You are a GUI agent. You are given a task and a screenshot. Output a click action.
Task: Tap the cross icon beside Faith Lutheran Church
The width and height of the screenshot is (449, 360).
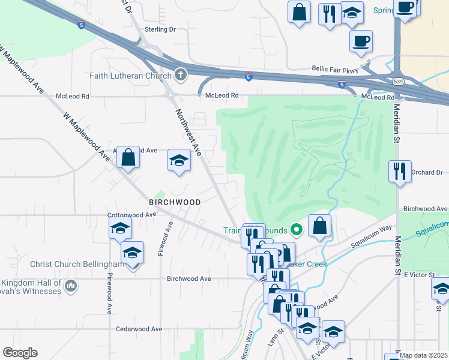point(179,75)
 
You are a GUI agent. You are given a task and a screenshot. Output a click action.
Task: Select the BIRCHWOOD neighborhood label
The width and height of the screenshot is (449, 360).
point(175,202)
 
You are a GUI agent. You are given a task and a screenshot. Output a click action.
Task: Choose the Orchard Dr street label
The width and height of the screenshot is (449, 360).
point(427,173)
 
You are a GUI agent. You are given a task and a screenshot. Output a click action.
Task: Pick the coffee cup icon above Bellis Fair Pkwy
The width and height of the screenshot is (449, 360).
point(361,41)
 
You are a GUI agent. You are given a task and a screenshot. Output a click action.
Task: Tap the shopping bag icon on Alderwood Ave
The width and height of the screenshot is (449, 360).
point(128,157)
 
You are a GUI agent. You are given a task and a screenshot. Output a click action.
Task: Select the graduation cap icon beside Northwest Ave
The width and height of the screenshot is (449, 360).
point(178,160)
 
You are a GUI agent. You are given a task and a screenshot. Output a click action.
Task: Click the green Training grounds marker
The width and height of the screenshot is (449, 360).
point(295,229)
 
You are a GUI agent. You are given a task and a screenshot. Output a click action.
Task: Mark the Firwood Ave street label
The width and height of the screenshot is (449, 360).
point(161,238)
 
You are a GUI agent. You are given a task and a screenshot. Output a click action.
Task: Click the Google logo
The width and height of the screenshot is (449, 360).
point(20,352)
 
